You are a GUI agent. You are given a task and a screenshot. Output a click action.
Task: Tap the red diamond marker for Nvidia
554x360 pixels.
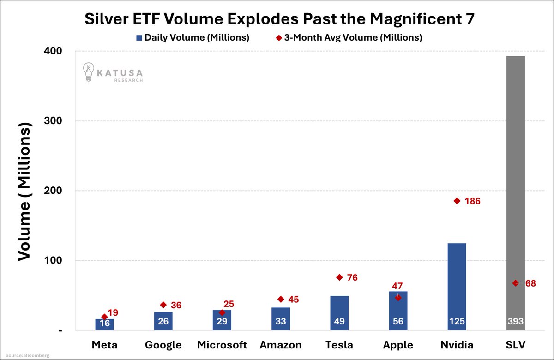[x=457, y=201]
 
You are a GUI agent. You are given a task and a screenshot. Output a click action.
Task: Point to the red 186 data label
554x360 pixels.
[x=473, y=201]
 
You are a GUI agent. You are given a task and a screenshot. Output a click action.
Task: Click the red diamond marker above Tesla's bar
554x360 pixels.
[x=339, y=277]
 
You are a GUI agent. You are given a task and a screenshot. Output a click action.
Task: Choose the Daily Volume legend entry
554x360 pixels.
[x=193, y=38]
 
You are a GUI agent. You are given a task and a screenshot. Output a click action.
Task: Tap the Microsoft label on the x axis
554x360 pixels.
[x=222, y=345]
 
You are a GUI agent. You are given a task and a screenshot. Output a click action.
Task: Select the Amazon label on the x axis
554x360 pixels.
[x=281, y=345]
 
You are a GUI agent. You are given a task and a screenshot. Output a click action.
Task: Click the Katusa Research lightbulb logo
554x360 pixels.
[x=88, y=72]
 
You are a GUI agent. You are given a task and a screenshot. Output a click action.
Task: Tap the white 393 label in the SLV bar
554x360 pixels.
[x=515, y=322]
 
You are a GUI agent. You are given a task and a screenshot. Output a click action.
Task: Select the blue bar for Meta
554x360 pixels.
[x=104, y=324]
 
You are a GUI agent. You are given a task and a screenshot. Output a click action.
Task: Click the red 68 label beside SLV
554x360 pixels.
[x=530, y=283]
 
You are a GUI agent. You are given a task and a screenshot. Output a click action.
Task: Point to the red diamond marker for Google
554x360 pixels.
[x=163, y=305]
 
